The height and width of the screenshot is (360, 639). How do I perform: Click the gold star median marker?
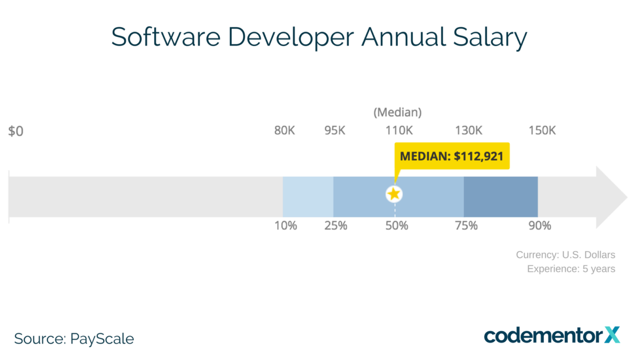point(394,194)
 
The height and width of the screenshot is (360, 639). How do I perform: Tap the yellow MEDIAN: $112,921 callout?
point(451,156)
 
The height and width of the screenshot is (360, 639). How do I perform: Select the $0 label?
point(16,131)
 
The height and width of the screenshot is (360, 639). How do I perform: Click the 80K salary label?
point(285,130)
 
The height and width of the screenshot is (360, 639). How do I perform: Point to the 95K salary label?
point(335,130)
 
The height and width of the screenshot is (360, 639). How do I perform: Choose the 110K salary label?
point(399,130)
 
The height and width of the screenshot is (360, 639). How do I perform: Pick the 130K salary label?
point(468,130)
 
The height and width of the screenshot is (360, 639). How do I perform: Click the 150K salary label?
point(542,130)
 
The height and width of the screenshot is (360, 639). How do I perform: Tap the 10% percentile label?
point(286,226)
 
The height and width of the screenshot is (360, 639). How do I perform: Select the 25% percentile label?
point(336,226)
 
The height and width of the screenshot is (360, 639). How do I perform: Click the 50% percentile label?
point(397,226)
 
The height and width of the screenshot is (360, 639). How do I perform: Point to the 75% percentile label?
point(466,226)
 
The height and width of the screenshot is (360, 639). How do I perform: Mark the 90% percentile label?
point(540,226)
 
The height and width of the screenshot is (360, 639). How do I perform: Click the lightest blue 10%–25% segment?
point(308,197)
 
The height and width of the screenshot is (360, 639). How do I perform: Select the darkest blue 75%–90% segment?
point(500,197)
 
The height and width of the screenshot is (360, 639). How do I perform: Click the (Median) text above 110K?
point(398,112)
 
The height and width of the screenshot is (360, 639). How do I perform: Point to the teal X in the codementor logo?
point(612,334)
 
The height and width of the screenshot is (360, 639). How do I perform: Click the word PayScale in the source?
point(102,339)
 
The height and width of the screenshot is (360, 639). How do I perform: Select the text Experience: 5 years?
point(570,269)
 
